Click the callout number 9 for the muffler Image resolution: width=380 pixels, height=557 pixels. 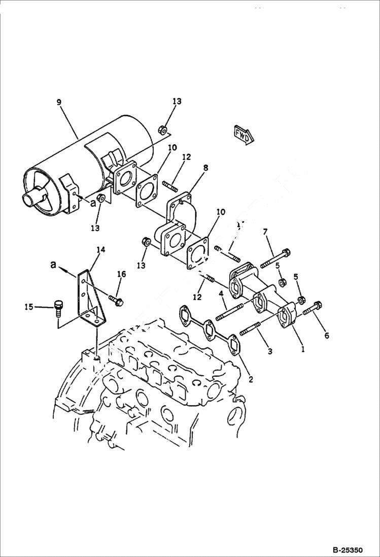59,102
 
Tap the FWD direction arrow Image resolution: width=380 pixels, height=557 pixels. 244,134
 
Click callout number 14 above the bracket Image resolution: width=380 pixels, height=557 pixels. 100,249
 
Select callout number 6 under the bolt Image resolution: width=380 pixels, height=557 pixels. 326,335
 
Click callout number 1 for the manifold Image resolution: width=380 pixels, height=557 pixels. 303,349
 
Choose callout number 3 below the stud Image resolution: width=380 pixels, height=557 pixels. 269,351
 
